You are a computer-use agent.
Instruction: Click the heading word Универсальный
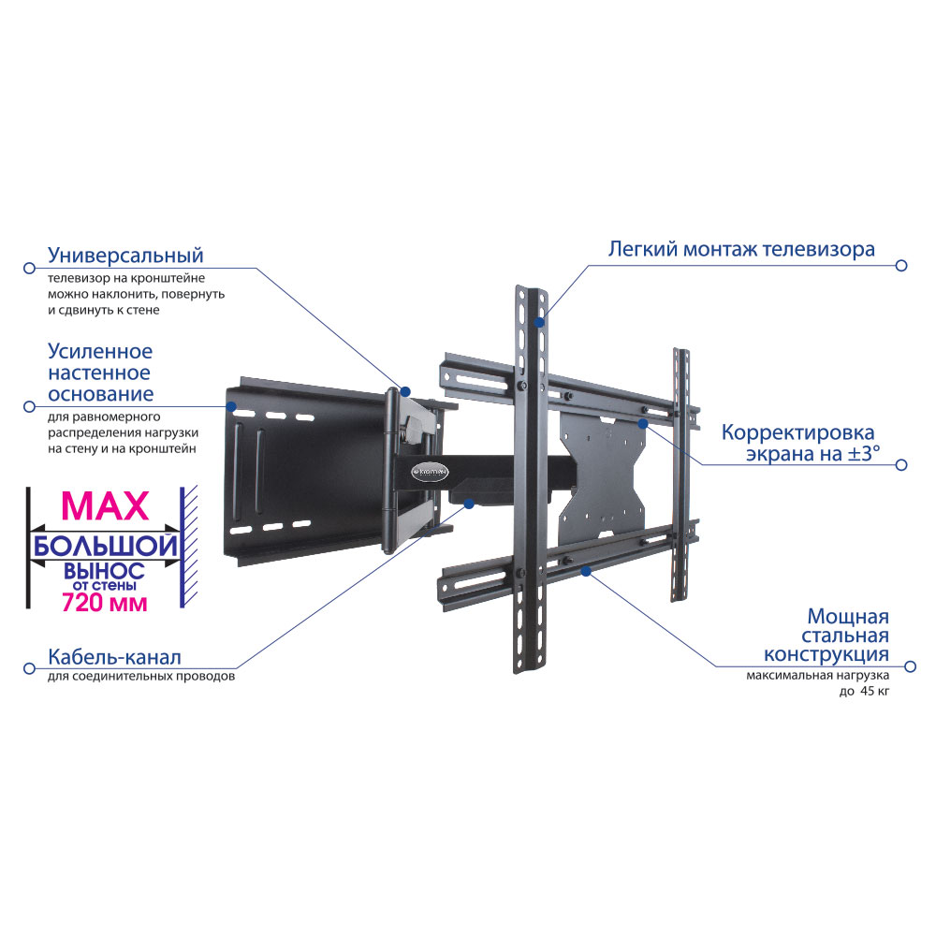click(125, 256)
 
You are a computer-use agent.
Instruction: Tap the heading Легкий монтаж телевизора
click(741, 250)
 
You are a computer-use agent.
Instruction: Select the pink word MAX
click(105, 506)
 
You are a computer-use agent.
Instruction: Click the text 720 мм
click(105, 603)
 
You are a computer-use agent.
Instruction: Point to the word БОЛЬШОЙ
click(106, 547)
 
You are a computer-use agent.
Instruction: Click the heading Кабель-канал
click(114, 657)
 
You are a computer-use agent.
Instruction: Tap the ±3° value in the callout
click(864, 454)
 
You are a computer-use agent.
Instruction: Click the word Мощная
click(848, 616)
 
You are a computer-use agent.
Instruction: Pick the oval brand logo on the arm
click(431, 472)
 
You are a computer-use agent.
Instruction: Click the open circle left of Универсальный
click(29, 268)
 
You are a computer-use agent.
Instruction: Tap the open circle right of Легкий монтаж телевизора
click(902, 265)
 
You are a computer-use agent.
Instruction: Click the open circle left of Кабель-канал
click(29, 668)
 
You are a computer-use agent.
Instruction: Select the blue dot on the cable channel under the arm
click(469, 504)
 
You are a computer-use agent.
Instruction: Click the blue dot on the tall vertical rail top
click(539, 322)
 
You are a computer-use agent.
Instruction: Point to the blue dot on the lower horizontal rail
click(586, 571)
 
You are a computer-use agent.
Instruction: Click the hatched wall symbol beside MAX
click(189, 547)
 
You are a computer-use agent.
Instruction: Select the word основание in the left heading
click(100, 395)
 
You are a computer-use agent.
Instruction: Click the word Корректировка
click(798, 432)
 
